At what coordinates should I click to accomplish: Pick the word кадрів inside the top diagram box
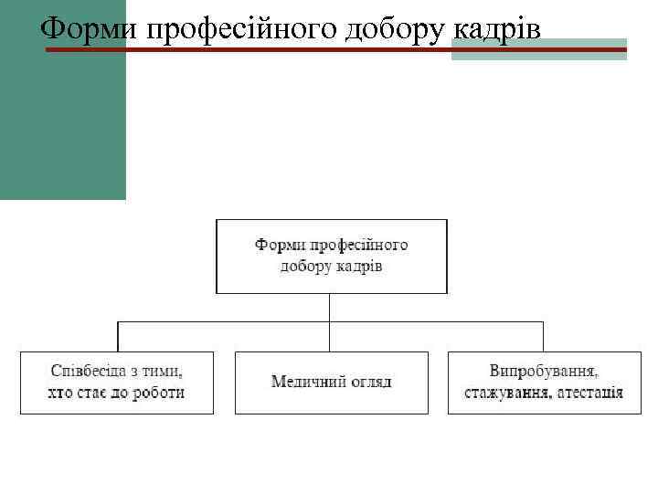click(x=358, y=266)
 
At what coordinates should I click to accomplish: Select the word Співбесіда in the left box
click(x=90, y=372)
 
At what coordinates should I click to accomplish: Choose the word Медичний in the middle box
click(x=303, y=381)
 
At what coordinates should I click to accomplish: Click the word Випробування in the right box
click(x=544, y=372)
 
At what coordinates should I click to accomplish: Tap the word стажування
click(x=504, y=393)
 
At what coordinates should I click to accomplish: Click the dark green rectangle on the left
click(x=62, y=110)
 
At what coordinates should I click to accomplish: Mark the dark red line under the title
click(x=274, y=49)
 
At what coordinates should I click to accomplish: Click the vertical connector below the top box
click(x=330, y=307)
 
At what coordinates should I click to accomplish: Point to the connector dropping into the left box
click(x=117, y=336)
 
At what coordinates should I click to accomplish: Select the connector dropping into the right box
click(x=543, y=336)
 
